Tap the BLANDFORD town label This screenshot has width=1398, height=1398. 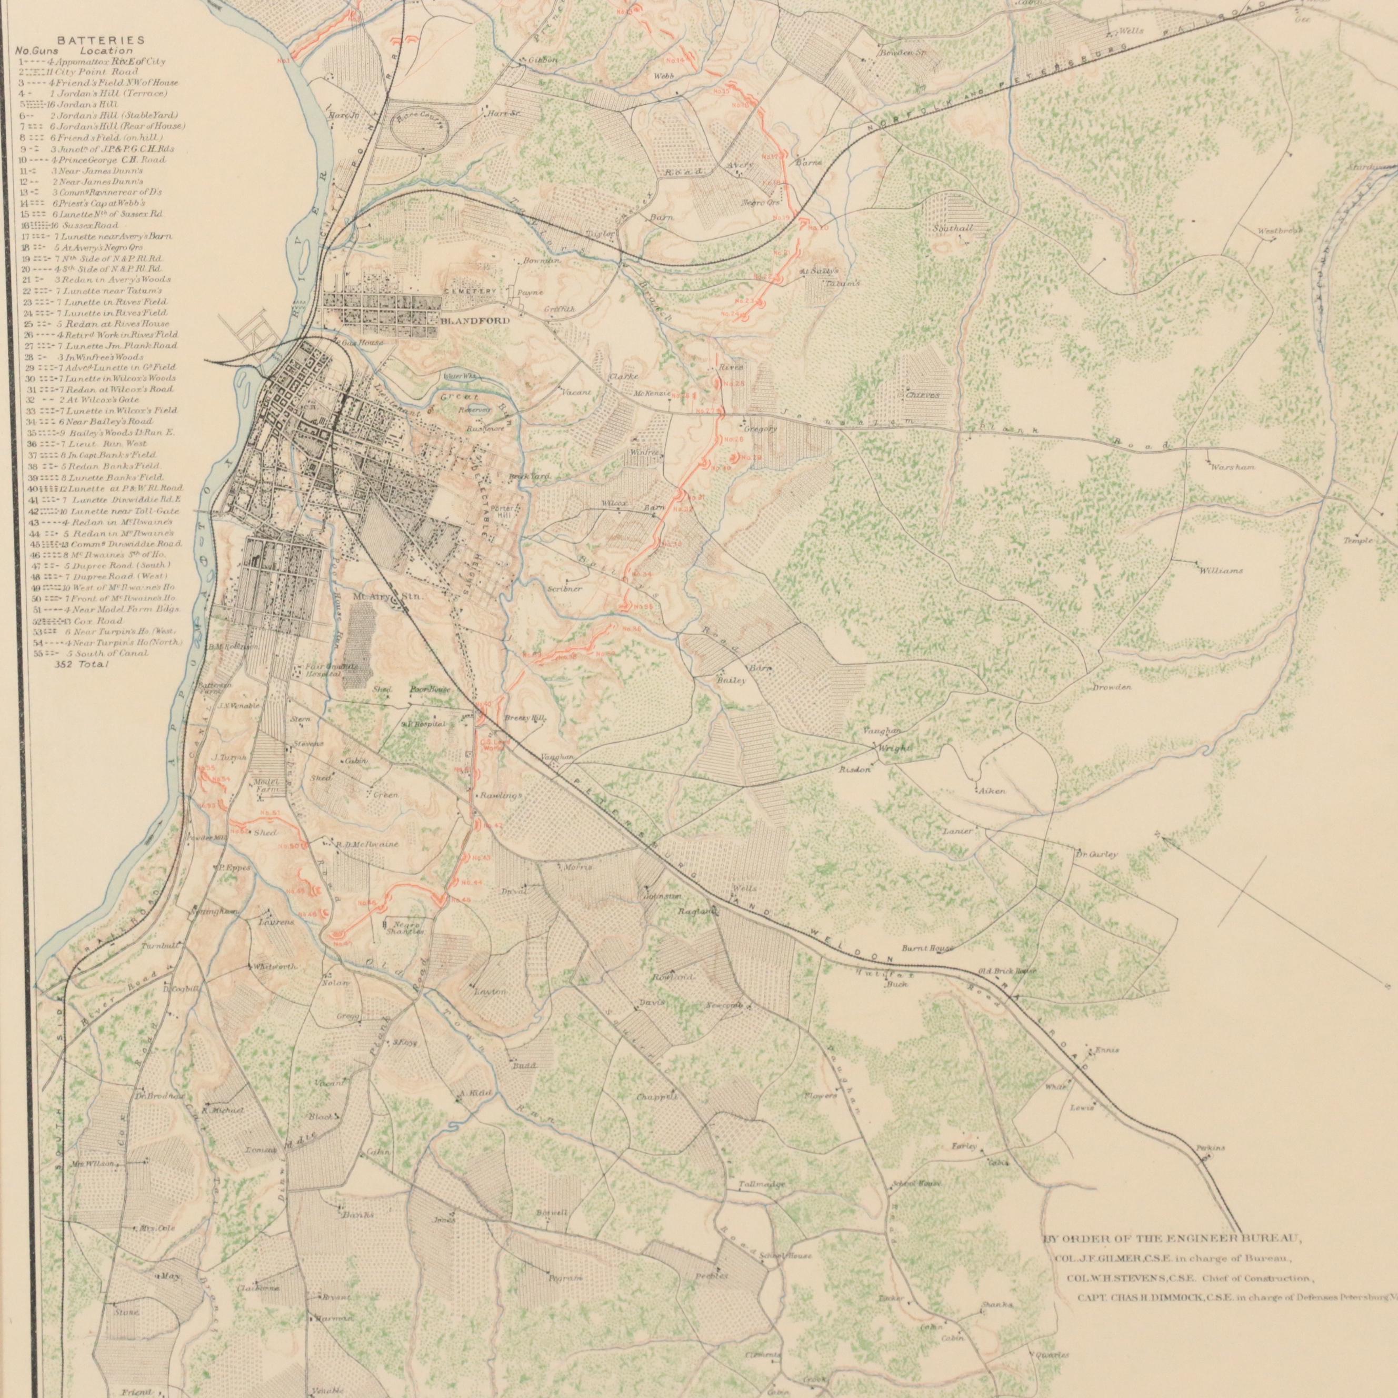pyautogui.click(x=474, y=320)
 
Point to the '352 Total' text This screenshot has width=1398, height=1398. pyautogui.click(x=82, y=664)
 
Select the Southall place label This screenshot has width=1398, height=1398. pyautogui.click(x=953, y=228)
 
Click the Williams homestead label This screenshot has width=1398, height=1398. pyautogui.click(x=1221, y=571)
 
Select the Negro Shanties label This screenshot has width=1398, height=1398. pyautogui.click(x=408, y=927)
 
